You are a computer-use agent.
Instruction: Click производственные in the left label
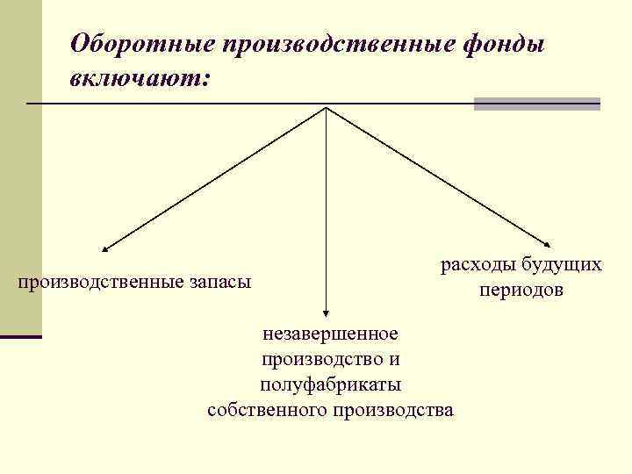tap(98, 282)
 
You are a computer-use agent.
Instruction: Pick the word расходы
tap(477, 264)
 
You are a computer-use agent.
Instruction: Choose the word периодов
tap(521, 290)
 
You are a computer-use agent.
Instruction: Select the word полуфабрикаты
tap(330, 384)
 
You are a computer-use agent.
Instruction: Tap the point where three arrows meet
tap(327, 107)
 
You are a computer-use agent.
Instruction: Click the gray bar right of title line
tap(536, 104)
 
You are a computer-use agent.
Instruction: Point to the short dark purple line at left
tap(21, 336)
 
